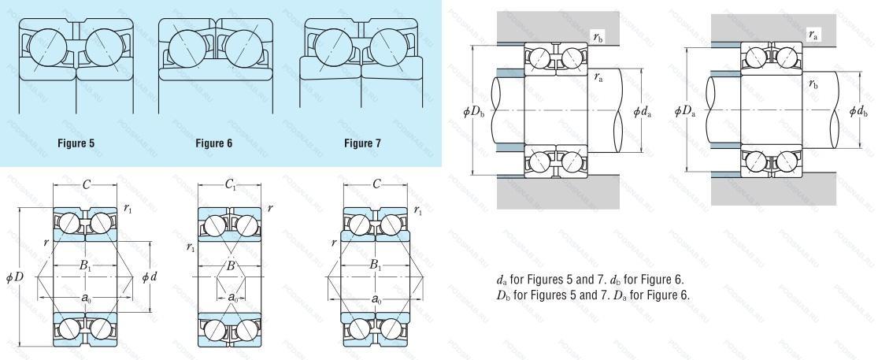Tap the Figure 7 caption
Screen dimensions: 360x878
(361, 144)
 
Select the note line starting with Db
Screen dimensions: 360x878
(593, 295)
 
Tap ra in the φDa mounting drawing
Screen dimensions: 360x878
(812, 35)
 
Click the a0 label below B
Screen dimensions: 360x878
(232, 298)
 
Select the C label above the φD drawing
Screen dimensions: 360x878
(86, 186)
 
